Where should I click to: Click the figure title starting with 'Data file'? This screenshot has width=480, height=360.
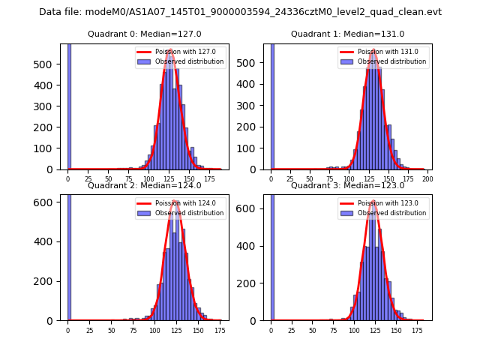pyautogui.click(x=240, y=12)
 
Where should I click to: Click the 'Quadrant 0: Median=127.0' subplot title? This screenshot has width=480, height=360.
pyautogui.click(x=144, y=34)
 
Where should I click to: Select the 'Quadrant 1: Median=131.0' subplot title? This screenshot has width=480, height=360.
pyautogui.click(x=347, y=34)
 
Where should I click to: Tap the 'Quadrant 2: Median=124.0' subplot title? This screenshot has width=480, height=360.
pyautogui.click(x=144, y=185)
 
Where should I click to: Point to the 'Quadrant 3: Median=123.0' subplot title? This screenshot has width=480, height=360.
pyautogui.click(x=347, y=185)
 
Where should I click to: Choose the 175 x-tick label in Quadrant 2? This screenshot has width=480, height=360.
pyautogui.click(x=219, y=330)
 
